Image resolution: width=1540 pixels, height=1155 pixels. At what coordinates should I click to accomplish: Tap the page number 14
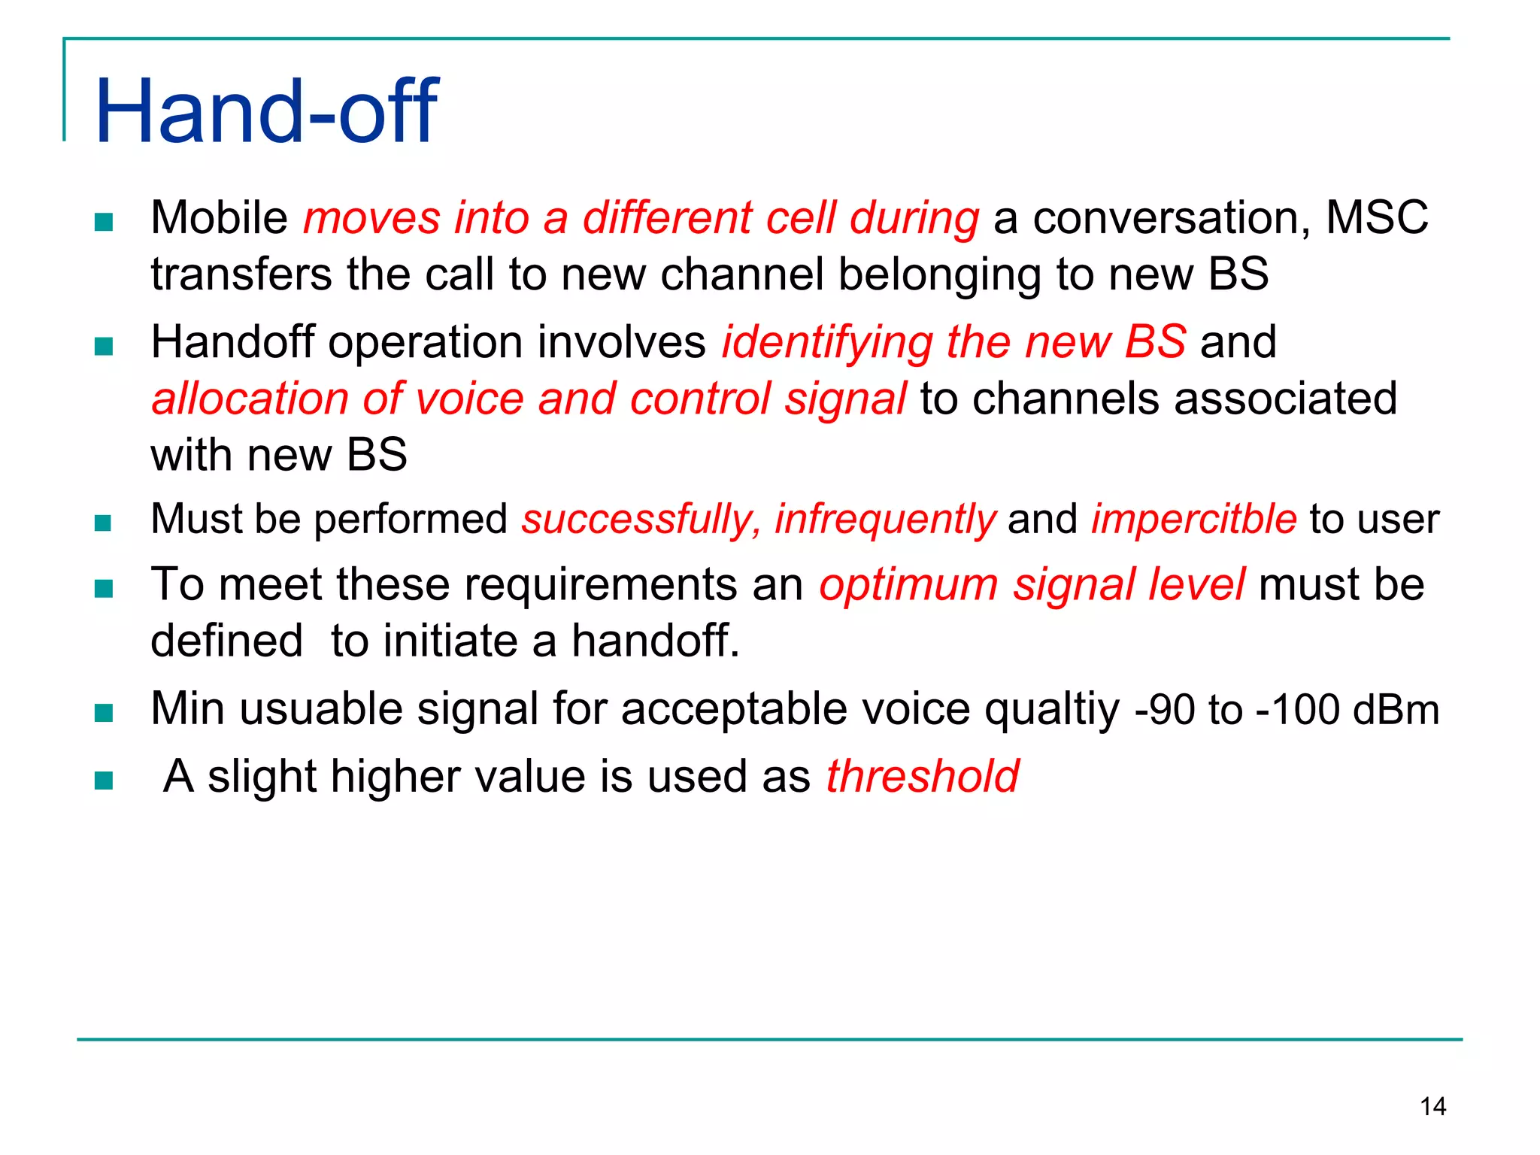tap(1432, 1106)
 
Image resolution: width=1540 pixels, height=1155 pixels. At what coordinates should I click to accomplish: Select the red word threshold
tap(922, 776)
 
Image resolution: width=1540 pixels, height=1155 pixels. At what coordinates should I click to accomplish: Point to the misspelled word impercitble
tap(1193, 519)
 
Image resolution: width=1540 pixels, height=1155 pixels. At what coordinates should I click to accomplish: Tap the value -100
tap(1298, 710)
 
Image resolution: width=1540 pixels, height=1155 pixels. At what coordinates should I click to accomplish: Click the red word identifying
tap(827, 343)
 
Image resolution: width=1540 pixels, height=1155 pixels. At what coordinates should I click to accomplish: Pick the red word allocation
tap(250, 399)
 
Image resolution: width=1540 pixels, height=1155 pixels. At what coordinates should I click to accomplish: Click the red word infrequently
tap(885, 519)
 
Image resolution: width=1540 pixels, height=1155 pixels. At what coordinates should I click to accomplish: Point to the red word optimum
tap(908, 584)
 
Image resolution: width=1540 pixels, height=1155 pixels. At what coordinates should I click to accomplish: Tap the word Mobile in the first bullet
tap(219, 218)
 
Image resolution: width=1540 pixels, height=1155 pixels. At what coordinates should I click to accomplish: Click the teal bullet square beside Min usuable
tap(104, 712)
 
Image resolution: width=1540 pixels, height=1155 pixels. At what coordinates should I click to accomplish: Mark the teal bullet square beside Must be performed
tap(104, 522)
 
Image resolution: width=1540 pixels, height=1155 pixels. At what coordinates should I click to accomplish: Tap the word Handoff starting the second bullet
tap(232, 343)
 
